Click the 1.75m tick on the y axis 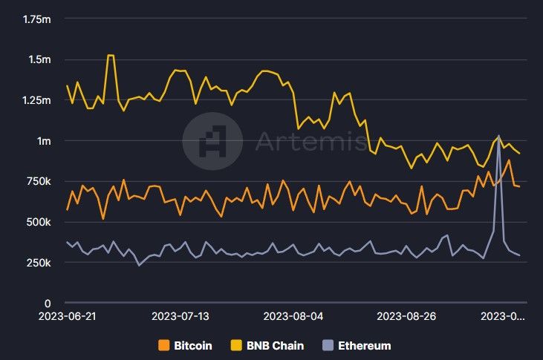click(x=35, y=19)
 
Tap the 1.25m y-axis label click(x=35, y=100)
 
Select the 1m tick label click(x=42, y=141)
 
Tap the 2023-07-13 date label click(x=181, y=316)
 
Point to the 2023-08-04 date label click(x=293, y=316)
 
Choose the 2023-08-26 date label click(x=406, y=316)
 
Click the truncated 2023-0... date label click(x=504, y=316)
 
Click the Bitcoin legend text click(x=192, y=346)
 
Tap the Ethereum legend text click(x=364, y=346)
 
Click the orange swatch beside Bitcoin click(x=165, y=346)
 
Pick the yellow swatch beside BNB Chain click(x=238, y=346)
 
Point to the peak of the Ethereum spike click(x=498, y=136)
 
